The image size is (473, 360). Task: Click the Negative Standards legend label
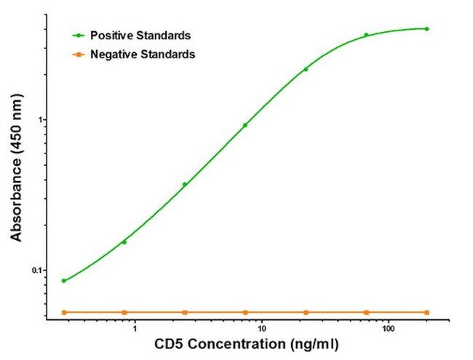pyautogui.click(x=143, y=54)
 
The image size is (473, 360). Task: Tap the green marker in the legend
pyautogui.click(x=76, y=34)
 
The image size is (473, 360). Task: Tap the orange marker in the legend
pyautogui.click(x=76, y=54)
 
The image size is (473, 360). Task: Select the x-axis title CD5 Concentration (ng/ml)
pyautogui.click(x=245, y=343)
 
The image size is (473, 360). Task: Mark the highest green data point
pyautogui.click(x=426, y=29)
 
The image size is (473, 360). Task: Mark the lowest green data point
pyautogui.click(x=64, y=281)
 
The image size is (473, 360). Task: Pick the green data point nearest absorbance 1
pyautogui.click(x=245, y=125)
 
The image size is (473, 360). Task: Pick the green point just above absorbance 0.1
pyautogui.click(x=124, y=242)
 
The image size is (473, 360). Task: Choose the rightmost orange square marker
pyautogui.click(x=426, y=312)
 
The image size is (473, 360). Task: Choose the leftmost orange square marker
pyautogui.click(x=64, y=312)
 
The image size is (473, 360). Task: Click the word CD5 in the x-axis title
pyautogui.click(x=167, y=343)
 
